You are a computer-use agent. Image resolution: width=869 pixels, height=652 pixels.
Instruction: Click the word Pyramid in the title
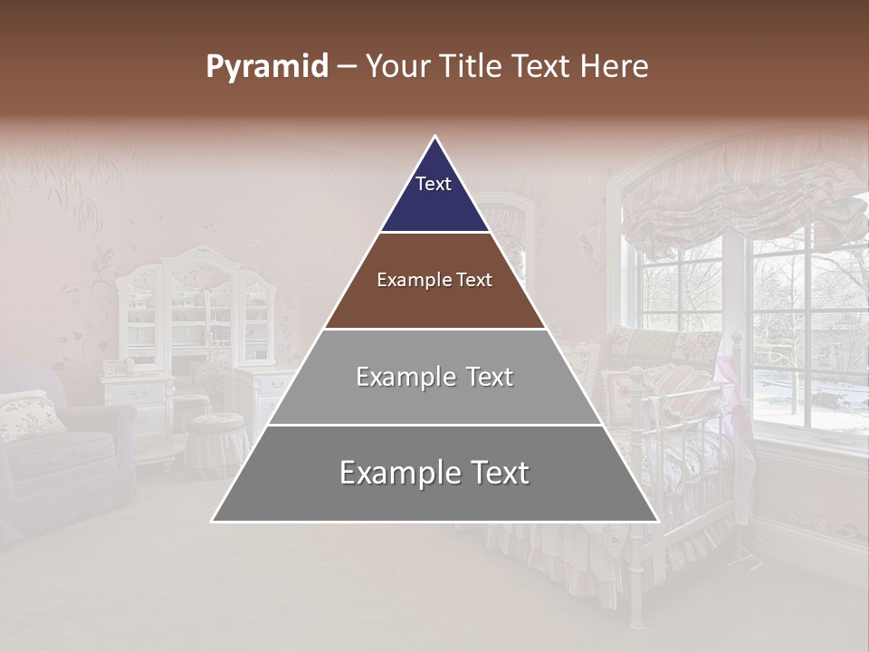266,67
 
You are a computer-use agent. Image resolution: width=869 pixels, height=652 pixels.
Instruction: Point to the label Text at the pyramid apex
433,184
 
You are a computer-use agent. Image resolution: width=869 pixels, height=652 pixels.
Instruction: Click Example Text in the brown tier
434,280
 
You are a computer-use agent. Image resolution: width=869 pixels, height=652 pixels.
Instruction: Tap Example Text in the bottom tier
434,473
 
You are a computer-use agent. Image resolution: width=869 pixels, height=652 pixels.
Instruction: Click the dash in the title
348,67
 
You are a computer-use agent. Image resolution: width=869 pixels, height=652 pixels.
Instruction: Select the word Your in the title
397,67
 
